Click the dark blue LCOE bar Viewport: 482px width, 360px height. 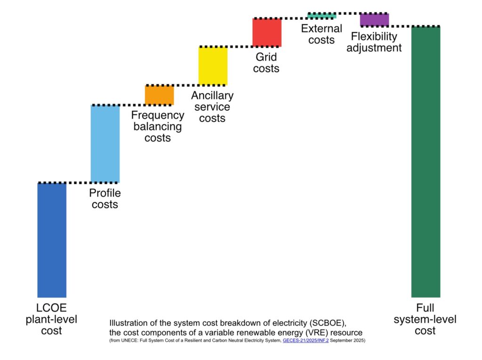tap(52, 240)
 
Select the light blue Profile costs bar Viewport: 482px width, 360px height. tap(105, 144)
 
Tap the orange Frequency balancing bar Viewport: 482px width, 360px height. tap(159, 96)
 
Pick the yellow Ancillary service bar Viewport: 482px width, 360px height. tap(213, 66)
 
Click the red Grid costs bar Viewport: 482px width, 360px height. tap(267, 32)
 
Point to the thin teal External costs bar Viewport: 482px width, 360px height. tap(322, 16)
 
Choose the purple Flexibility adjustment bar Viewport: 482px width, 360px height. tap(374, 20)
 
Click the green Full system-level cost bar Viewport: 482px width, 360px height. tap(426, 162)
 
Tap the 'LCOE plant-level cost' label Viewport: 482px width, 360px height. tap(51, 319)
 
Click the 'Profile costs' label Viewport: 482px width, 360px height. tap(105, 199)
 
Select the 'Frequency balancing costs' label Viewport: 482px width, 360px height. tap(158, 127)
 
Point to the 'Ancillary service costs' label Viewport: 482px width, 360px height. tap(212, 107)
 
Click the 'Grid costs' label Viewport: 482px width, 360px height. tap(266, 63)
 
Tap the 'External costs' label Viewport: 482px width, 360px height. tap(321, 34)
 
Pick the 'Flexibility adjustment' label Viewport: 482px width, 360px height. tap(374, 42)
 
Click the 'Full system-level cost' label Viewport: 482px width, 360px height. tap(425, 319)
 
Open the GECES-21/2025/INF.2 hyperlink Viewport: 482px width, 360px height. tap(305, 340)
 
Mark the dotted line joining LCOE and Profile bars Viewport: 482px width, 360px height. tap(79, 183)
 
